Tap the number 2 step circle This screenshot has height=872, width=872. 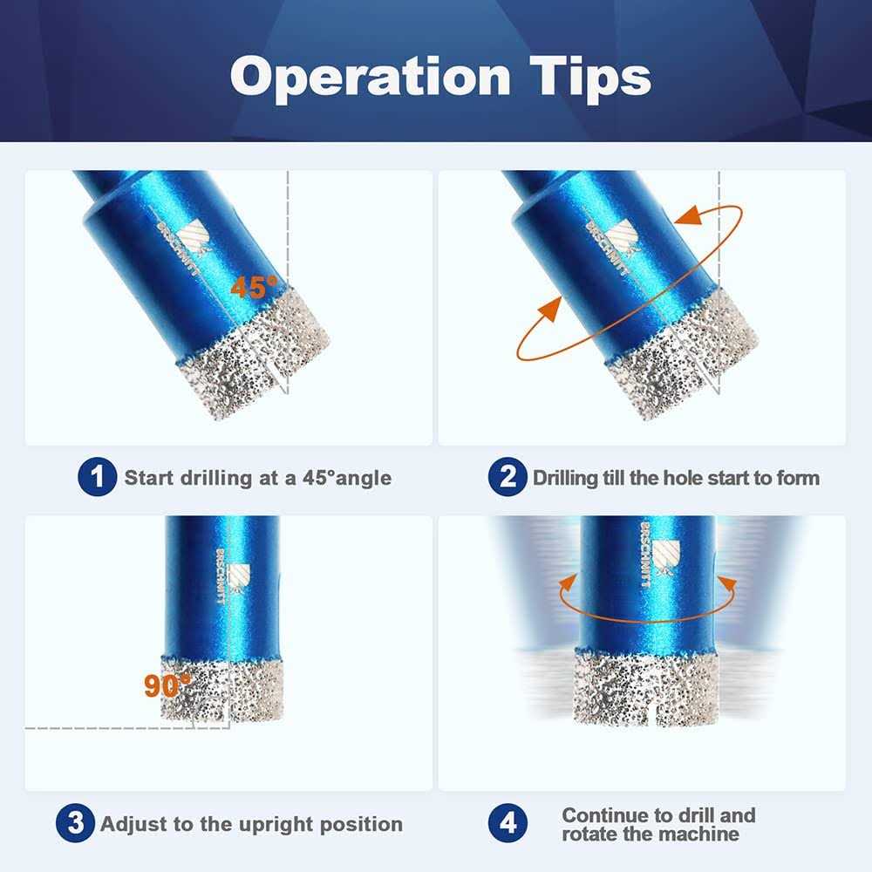[x=506, y=478]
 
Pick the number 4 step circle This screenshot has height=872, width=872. [x=507, y=823]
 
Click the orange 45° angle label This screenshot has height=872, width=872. [x=253, y=286]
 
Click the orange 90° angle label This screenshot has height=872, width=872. [x=167, y=685]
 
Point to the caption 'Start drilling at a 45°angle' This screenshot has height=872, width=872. [x=257, y=478]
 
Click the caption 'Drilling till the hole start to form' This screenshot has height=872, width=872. [x=676, y=478]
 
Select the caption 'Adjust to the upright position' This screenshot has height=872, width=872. [x=251, y=823]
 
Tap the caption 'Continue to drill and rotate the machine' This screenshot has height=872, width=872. [x=658, y=824]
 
